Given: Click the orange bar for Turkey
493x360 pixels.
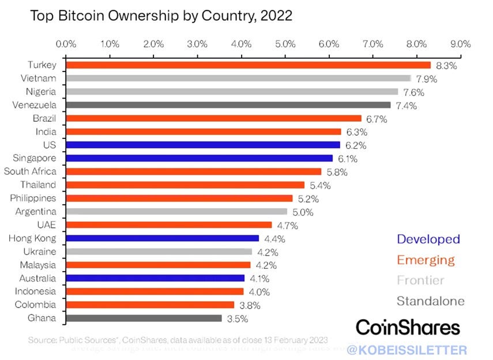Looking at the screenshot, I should pyautogui.click(x=248, y=65).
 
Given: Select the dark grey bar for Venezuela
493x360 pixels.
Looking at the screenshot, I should pyautogui.click(x=228, y=105).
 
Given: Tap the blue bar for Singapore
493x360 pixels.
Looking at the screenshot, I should pyautogui.click(x=199, y=158).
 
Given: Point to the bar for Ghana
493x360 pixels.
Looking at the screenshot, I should pyautogui.click(x=144, y=318).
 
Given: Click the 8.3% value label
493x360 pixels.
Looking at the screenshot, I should pyautogui.click(x=446, y=66).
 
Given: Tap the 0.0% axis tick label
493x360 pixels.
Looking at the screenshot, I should pyautogui.click(x=66, y=44).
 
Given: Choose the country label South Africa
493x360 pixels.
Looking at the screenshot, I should pyautogui.click(x=30, y=171).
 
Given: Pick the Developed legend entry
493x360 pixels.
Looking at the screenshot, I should pyautogui.click(x=428, y=239).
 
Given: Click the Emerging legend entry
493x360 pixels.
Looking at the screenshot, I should pyautogui.click(x=426, y=260).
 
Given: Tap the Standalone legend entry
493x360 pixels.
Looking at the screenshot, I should pyautogui.click(x=431, y=301).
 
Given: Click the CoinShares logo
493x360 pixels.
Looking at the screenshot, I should pyautogui.click(x=408, y=327).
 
